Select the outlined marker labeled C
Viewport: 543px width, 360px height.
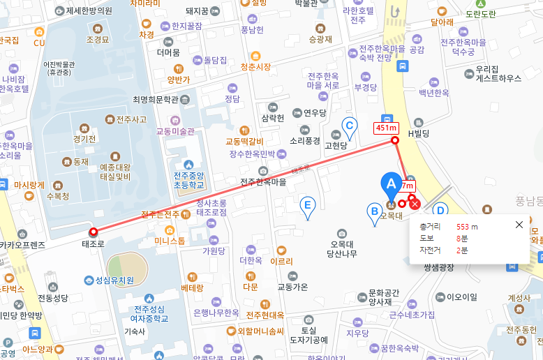coord(350,126)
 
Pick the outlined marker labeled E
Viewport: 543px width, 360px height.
coord(306,205)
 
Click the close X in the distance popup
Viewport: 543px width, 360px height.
coord(519,225)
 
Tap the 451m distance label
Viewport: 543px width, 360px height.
coord(386,128)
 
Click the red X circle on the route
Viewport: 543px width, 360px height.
coord(415,204)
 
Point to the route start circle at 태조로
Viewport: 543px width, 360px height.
coord(93,232)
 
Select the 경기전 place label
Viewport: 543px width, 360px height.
coord(84,138)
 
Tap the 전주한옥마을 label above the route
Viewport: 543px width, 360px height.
coord(263,182)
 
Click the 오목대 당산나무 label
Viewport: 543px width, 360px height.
coord(342,248)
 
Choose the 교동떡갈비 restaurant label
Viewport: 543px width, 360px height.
coord(244,141)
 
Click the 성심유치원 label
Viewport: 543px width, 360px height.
coord(114,280)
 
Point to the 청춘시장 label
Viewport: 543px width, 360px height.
coord(255,67)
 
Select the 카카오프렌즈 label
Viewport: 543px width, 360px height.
coord(22,245)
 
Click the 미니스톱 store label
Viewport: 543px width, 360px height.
coord(170,241)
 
